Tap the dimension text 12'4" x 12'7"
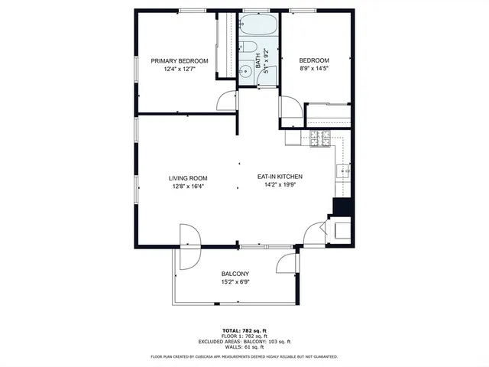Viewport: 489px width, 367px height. (x=180, y=70)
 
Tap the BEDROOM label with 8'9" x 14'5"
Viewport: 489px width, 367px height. (x=313, y=61)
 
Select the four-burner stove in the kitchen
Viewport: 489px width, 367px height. (x=319, y=138)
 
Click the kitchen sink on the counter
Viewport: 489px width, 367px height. (x=343, y=171)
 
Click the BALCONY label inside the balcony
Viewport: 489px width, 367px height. (x=235, y=274)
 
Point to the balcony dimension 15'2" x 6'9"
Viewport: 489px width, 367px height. (x=235, y=282)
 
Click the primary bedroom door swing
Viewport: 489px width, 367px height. (x=227, y=102)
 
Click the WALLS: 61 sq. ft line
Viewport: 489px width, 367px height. (x=244, y=347)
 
